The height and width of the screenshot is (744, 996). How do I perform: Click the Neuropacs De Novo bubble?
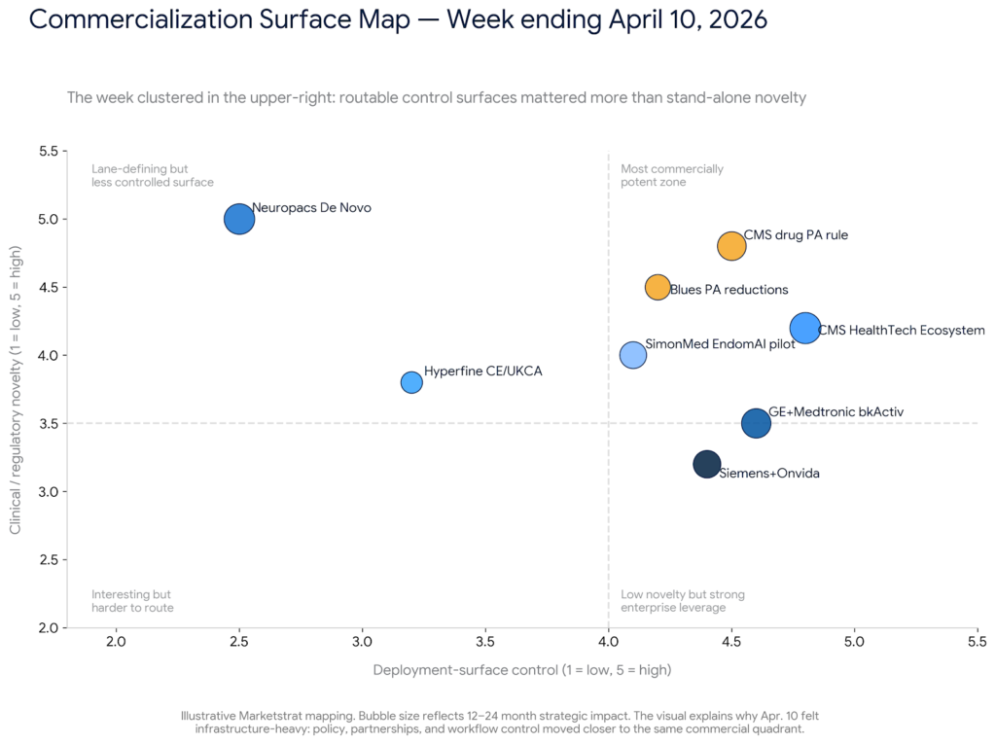(x=239, y=219)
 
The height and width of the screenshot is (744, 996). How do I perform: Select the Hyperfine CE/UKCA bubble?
(x=411, y=382)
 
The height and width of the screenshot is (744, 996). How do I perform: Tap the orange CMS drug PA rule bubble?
(x=731, y=246)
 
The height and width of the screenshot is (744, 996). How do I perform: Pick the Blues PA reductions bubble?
(x=658, y=287)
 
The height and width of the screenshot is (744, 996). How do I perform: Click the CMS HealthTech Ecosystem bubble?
(x=805, y=328)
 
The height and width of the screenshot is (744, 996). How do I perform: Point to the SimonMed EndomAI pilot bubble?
(x=633, y=355)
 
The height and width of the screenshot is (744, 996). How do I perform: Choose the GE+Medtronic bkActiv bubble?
(x=756, y=423)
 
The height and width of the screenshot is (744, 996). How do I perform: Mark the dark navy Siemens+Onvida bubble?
(x=707, y=464)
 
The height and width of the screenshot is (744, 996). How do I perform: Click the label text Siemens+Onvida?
(x=769, y=474)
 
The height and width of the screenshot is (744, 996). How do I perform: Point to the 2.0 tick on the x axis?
(x=117, y=642)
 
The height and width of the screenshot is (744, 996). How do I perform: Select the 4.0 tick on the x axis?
(x=609, y=642)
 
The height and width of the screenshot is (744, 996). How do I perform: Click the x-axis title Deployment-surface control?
(x=522, y=670)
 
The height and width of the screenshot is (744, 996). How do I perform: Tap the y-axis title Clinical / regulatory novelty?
(x=16, y=389)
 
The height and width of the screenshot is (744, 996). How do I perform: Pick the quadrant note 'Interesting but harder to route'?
(x=132, y=601)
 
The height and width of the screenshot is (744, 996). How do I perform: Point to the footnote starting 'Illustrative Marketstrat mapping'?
(x=499, y=722)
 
